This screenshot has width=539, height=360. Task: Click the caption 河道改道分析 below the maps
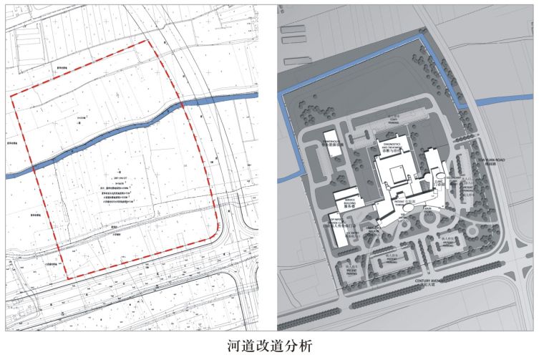(x=269, y=346)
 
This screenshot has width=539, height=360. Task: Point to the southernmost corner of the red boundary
(x=67, y=278)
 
